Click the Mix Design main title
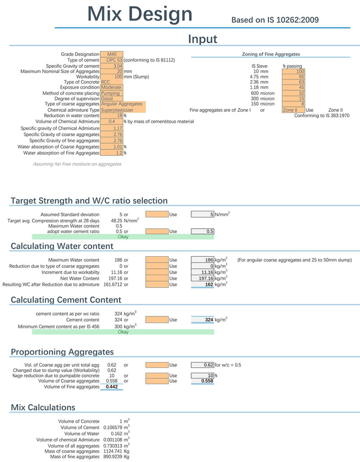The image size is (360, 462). [140, 14]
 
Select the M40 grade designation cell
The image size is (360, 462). [112, 54]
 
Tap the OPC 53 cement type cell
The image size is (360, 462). [112, 60]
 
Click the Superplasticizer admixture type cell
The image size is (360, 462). [123, 110]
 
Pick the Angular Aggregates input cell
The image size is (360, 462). [123, 104]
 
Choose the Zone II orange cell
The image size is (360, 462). [293, 110]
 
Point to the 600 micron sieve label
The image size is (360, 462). [262, 93]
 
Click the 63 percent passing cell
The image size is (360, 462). [293, 82]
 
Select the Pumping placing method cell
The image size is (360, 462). [112, 93]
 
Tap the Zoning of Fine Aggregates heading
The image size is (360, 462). [271, 54]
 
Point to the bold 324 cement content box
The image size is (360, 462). [202, 320]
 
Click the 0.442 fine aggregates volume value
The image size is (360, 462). [112, 386]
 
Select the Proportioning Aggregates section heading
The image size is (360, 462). [62, 352]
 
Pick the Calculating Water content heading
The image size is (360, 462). [62, 246]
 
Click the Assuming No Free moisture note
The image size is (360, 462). [77, 164]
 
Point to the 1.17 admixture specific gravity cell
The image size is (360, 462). [112, 128]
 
